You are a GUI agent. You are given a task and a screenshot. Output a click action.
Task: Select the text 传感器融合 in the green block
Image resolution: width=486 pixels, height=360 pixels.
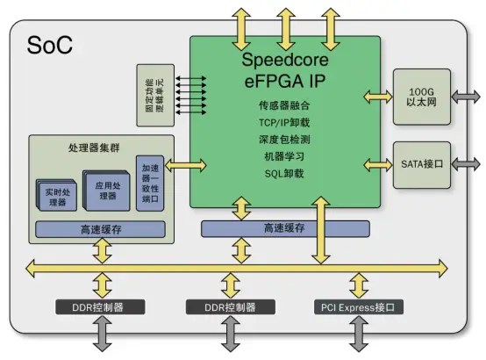pyautogui.click(x=287, y=106)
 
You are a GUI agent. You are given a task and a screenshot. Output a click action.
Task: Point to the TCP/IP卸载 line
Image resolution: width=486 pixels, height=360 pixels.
pyautogui.click(x=287, y=123)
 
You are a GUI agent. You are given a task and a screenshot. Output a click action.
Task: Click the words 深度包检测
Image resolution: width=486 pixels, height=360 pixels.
pyautogui.click(x=287, y=140)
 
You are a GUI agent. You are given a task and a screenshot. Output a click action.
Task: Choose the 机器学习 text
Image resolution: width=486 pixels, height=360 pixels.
pyautogui.click(x=287, y=156)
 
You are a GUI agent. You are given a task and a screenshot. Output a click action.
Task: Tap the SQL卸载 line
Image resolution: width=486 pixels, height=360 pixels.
pyautogui.click(x=287, y=174)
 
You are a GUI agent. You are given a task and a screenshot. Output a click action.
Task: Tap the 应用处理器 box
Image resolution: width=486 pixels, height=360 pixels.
pyautogui.click(x=106, y=190)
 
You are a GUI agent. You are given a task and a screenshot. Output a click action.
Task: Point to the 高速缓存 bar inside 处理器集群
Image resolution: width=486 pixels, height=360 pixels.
pyautogui.click(x=98, y=229)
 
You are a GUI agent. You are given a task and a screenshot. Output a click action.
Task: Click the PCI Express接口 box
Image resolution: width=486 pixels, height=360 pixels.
pyautogui.click(x=359, y=307)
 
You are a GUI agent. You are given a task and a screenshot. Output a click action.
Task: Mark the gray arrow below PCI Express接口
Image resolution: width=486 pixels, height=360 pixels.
pyautogui.click(x=358, y=334)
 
